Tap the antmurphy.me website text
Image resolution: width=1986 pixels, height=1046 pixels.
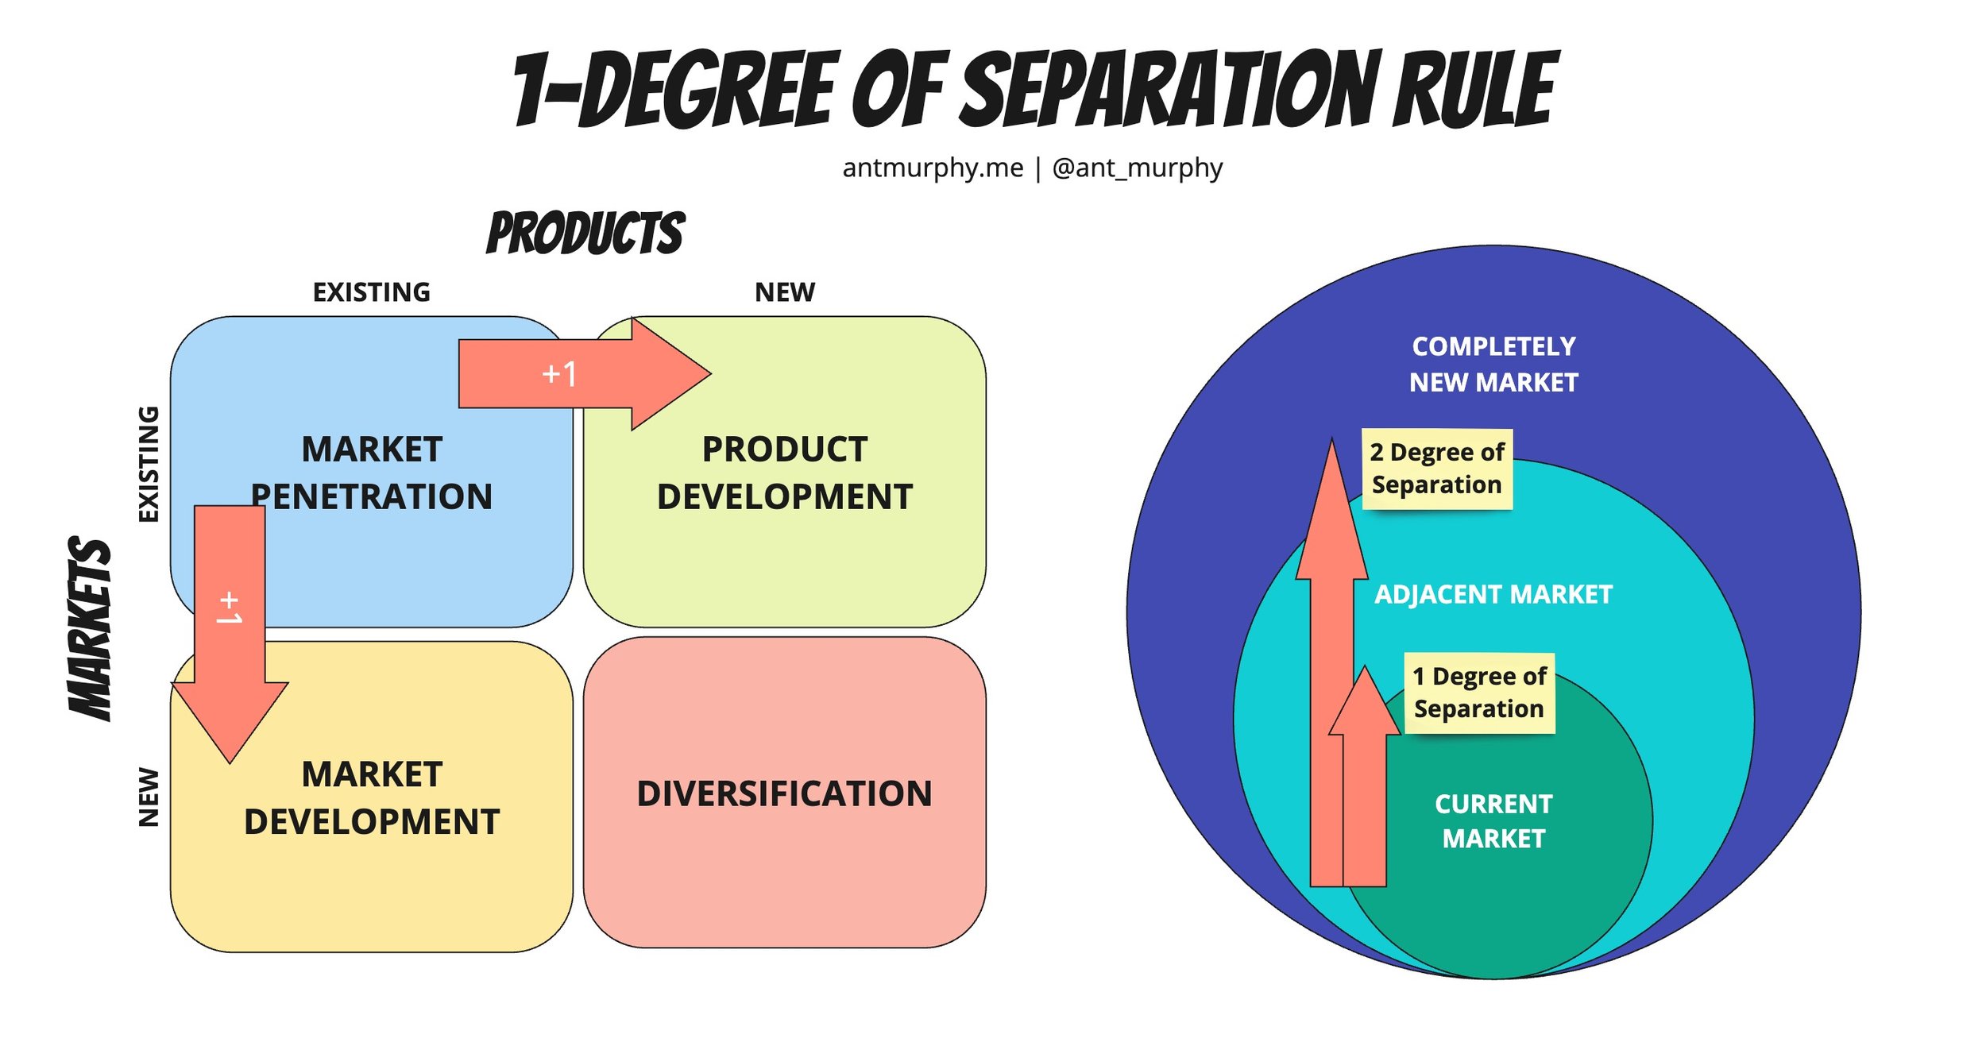click(x=932, y=168)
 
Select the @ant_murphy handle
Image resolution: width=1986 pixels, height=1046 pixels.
click(x=1137, y=168)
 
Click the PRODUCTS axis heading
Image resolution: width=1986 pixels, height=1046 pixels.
click(x=585, y=234)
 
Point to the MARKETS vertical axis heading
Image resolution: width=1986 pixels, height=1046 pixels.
click(x=90, y=627)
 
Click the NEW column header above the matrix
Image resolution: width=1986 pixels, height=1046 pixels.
click(x=784, y=292)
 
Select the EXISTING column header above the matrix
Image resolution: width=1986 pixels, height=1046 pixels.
click(x=371, y=292)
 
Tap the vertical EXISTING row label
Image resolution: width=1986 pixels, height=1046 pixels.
click(x=149, y=464)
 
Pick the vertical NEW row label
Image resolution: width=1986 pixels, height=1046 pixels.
click(x=149, y=797)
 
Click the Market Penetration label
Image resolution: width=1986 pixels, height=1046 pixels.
click(x=371, y=473)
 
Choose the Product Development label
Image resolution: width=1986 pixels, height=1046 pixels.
click(x=784, y=473)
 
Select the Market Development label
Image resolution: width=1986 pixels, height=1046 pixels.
click(x=371, y=797)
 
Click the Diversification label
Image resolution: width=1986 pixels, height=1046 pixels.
click(x=784, y=793)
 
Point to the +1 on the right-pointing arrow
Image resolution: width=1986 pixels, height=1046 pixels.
click(x=559, y=373)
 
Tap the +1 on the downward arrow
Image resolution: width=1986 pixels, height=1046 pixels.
click(x=229, y=607)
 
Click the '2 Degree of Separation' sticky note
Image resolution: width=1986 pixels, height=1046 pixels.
click(x=1436, y=469)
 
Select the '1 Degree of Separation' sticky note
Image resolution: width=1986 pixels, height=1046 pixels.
click(x=1478, y=693)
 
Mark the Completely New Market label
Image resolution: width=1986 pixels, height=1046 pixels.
click(x=1493, y=364)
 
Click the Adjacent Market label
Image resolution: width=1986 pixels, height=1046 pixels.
click(x=1493, y=594)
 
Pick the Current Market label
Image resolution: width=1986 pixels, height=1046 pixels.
click(x=1493, y=820)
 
